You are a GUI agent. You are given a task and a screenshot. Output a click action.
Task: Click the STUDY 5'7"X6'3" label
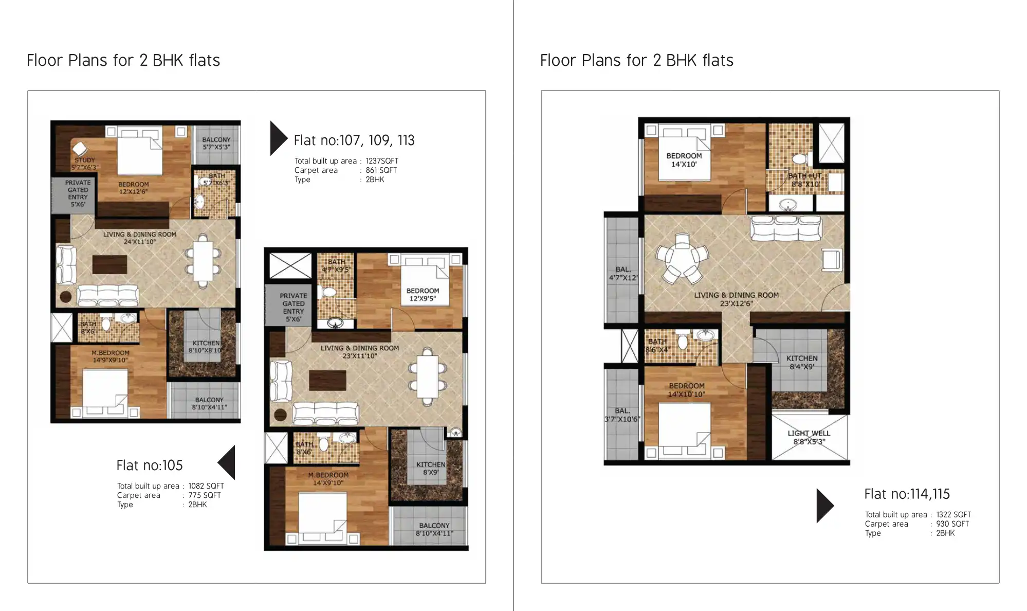pos(85,164)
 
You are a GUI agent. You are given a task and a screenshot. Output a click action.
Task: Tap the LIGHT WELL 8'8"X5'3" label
pos(809,437)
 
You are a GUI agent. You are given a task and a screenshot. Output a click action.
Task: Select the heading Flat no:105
pos(150,465)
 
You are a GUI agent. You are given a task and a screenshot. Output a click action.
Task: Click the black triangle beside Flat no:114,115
pos(824,506)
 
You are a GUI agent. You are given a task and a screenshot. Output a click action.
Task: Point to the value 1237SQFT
pos(382,161)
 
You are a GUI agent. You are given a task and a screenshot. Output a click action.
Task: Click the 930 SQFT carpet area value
pos(952,524)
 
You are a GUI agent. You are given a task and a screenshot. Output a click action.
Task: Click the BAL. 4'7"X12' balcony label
pos(623,274)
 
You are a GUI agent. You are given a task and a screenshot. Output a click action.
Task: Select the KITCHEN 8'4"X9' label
pos(801,363)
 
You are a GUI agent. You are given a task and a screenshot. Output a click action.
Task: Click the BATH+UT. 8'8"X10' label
pos(805,180)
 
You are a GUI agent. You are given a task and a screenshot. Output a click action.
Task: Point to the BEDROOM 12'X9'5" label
pos(423,295)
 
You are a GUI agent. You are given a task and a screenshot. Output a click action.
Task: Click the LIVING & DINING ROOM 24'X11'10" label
pos(139,238)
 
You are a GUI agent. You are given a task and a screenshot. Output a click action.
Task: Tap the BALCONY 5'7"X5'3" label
pos(216,143)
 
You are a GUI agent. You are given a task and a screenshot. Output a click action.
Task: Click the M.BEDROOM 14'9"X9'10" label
pos(111,356)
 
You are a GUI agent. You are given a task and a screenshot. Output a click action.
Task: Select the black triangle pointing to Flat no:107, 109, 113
pos(278,138)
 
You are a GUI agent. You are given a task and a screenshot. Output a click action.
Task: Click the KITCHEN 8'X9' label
pos(431,468)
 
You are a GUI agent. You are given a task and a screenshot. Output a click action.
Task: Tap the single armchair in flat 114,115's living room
pos(832,259)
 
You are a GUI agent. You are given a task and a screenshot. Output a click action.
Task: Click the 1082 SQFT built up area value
pos(206,486)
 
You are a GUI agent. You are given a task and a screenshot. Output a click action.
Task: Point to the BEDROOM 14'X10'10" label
pos(686,390)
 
